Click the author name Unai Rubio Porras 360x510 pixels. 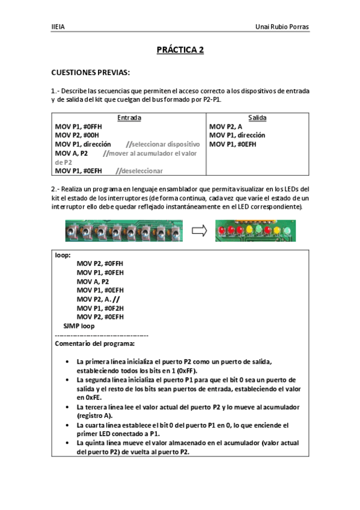[282, 27]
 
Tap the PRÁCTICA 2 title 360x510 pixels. [180, 51]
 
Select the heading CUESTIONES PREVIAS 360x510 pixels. [90, 72]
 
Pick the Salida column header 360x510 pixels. [257, 118]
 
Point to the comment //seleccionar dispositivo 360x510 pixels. [162, 144]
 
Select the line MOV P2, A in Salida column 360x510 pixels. [226, 127]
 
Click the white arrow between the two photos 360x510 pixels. [199, 230]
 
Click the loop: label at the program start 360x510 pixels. [63, 254]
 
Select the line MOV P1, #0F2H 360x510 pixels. [100, 308]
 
